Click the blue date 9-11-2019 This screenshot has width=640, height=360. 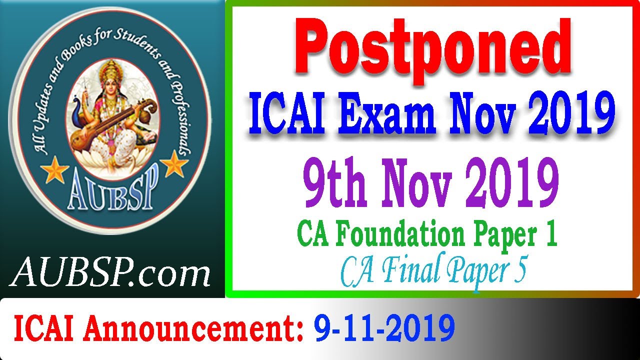click(x=384, y=328)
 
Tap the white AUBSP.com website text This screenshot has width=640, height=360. click(x=110, y=274)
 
